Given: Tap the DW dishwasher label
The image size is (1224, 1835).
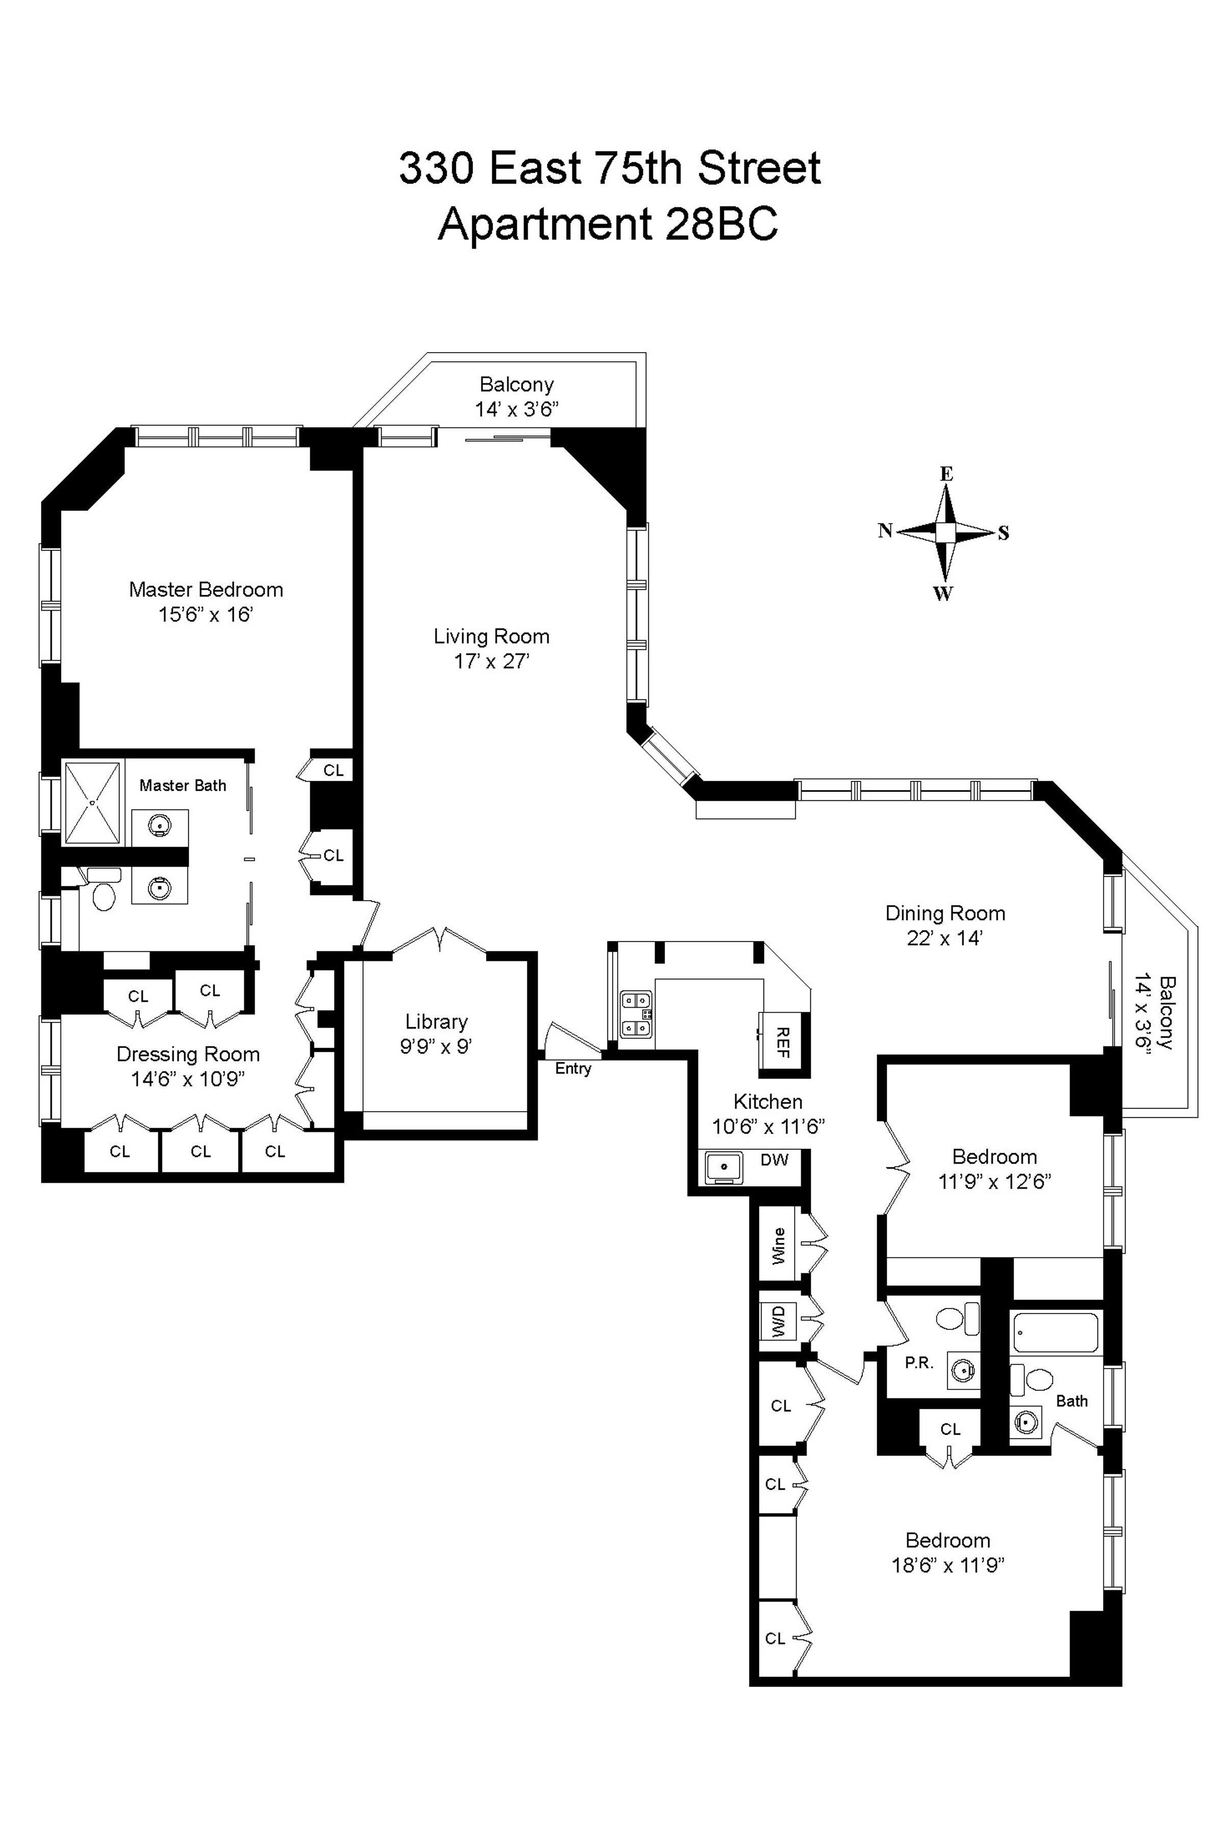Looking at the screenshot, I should [774, 1159].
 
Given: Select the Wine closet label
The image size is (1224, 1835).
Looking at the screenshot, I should [778, 1246].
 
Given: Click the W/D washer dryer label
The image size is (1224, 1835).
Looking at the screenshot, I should [778, 1321].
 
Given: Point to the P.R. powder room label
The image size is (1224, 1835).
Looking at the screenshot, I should [919, 1363].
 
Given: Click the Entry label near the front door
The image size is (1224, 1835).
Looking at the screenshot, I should [573, 1069].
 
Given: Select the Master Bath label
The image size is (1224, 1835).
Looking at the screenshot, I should [183, 785].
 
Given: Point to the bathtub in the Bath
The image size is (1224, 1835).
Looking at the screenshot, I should [1055, 1332].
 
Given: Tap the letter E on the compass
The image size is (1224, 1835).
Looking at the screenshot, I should [946, 474].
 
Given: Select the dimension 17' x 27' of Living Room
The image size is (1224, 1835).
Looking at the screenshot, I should [492, 662].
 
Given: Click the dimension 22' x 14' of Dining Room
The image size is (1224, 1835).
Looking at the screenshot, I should [945, 938].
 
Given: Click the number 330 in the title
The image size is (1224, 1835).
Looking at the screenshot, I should [436, 169].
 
